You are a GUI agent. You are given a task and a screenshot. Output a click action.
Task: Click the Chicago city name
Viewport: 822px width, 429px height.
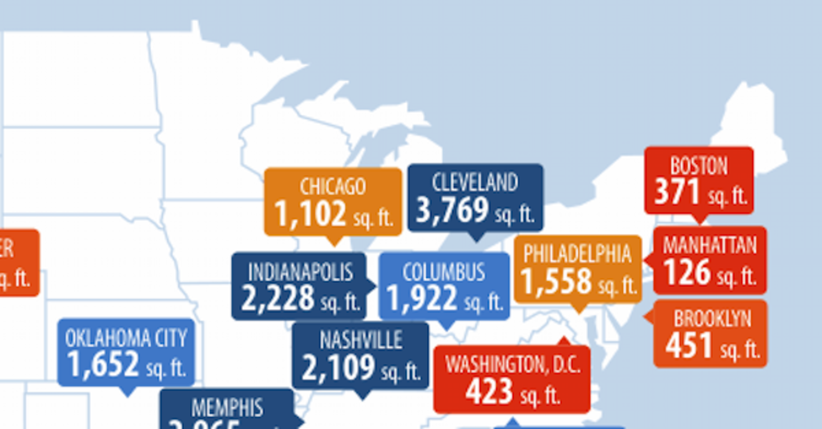(x=333, y=187)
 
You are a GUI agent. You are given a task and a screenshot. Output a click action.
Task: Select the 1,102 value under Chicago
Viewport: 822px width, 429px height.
(x=310, y=214)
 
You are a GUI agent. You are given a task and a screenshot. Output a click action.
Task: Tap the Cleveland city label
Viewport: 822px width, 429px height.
(x=475, y=182)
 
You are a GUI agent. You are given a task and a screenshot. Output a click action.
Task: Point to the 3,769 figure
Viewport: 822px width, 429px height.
(x=452, y=210)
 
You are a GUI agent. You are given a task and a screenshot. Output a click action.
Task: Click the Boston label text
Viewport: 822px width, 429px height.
(x=698, y=167)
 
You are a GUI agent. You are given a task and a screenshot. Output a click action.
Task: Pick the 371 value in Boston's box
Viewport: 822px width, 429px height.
(x=677, y=192)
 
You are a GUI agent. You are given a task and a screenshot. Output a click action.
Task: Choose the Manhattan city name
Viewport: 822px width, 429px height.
(x=709, y=246)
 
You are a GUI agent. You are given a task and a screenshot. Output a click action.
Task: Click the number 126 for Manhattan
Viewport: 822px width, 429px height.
(x=686, y=272)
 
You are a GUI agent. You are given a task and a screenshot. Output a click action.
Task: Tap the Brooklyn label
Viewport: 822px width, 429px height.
(x=712, y=319)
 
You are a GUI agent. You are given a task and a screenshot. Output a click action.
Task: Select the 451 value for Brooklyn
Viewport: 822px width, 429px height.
(x=689, y=346)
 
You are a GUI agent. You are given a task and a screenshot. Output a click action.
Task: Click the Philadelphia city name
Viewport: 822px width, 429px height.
(x=577, y=254)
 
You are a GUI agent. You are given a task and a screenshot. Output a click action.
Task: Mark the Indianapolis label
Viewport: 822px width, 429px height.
(x=300, y=272)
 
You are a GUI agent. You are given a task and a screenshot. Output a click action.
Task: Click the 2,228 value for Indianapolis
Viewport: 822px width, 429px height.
(x=277, y=299)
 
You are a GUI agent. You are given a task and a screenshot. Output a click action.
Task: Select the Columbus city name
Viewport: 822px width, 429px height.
(x=443, y=272)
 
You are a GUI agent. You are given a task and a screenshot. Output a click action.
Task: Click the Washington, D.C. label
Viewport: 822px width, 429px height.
(x=512, y=365)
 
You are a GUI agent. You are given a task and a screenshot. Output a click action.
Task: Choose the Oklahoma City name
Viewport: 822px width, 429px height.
(x=126, y=337)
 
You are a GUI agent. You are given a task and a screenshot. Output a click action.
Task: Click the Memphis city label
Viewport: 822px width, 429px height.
(x=227, y=408)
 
